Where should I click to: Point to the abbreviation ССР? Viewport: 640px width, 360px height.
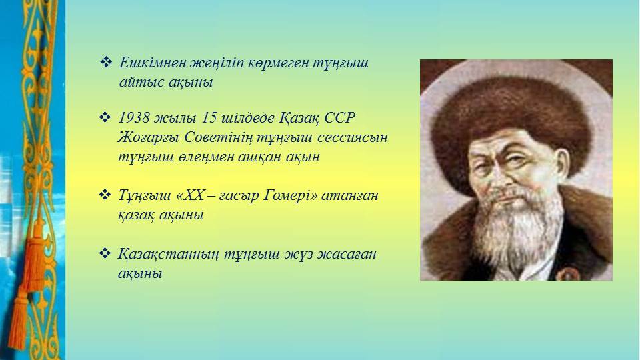339,117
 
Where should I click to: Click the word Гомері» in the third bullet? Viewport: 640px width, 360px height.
290,195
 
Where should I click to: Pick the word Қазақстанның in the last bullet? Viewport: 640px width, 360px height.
168,254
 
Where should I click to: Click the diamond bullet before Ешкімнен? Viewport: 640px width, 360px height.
106,62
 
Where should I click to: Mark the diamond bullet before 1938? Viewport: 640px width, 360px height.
105,117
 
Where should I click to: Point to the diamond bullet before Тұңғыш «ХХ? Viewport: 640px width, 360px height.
105,195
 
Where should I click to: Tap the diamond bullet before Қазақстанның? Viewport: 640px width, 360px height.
105,253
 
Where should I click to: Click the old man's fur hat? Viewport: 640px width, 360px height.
510,119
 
